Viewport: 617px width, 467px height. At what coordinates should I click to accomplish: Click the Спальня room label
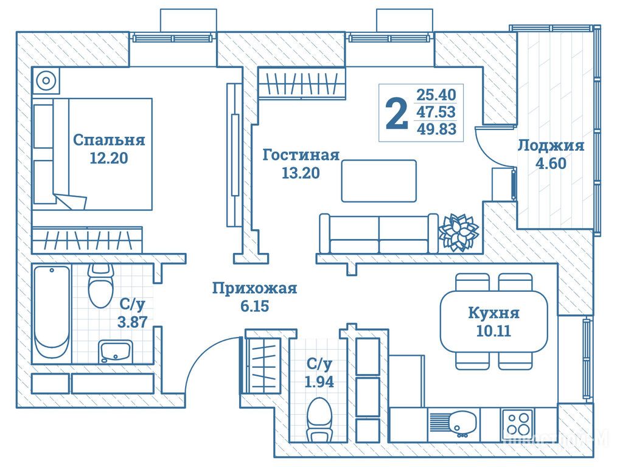pyautogui.click(x=109, y=140)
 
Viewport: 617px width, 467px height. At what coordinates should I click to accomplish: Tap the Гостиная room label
pyautogui.click(x=301, y=155)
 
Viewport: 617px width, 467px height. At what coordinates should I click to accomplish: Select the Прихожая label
pyautogui.click(x=254, y=288)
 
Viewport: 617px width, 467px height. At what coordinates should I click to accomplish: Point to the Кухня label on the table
pyautogui.click(x=493, y=313)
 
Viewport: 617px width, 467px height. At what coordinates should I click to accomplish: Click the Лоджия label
pyautogui.click(x=551, y=145)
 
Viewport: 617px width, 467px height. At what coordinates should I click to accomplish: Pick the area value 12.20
pyautogui.click(x=109, y=159)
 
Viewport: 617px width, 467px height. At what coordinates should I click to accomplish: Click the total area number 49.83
pyautogui.click(x=436, y=129)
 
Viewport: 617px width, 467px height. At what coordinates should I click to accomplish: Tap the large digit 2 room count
pyautogui.click(x=397, y=114)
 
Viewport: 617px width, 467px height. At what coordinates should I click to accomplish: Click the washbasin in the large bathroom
pyautogui.click(x=116, y=351)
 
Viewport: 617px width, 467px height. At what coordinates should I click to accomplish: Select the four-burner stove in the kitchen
pyautogui.click(x=517, y=422)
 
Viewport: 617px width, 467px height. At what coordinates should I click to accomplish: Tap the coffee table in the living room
pyautogui.click(x=378, y=181)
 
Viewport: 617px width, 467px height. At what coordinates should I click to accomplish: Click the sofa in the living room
pyautogui.click(x=377, y=234)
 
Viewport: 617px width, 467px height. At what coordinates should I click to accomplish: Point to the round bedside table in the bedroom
pyautogui.click(x=46, y=80)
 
